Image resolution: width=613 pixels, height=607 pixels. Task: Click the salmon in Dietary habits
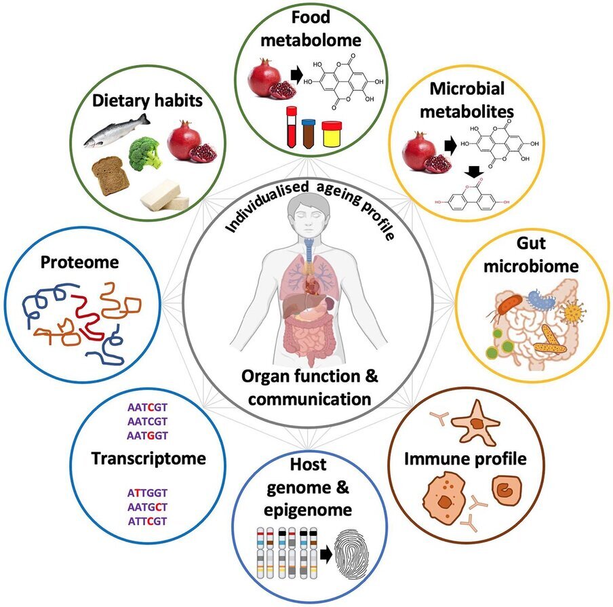[x=117, y=131]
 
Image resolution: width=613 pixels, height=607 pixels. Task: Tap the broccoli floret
[x=145, y=153]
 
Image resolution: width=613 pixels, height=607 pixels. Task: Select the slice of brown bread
[x=111, y=176]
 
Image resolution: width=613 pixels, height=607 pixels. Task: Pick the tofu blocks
[x=165, y=195]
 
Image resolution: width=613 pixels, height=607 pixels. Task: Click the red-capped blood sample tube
[x=292, y=127]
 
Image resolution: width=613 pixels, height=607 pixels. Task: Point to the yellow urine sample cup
[x=332, y=134]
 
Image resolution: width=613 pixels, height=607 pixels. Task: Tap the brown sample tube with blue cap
[x=309, y=134]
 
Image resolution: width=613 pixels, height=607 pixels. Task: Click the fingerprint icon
[x=352, y=554]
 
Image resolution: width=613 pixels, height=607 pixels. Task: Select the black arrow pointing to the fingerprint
[x=325, y=555]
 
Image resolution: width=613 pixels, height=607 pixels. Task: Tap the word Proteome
[x=79, y=262]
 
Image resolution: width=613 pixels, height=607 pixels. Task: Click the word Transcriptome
[x=149, y=458]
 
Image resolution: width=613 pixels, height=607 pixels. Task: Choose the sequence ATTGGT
[x=147, y=493]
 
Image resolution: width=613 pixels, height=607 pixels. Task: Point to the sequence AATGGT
[x=147, y=435]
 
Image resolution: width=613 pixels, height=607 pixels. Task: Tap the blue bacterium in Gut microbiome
[x=541, y=300]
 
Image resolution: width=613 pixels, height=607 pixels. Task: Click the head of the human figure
[x=308, y=216]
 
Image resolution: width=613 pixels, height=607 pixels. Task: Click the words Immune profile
[x=465, y=458]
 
